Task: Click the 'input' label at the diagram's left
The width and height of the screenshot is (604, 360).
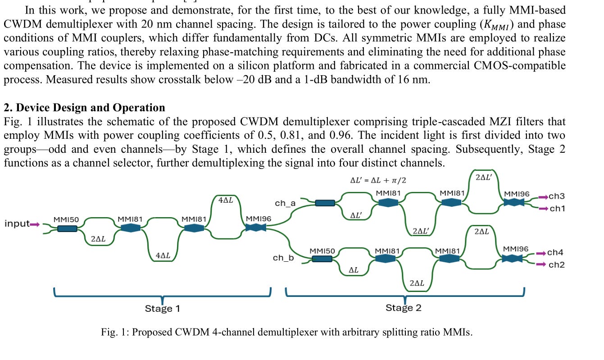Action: click(x=16, y=223)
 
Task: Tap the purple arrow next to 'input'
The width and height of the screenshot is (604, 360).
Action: click(x=35, y=224)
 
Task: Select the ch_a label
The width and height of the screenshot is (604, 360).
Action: click(x=285, y=203)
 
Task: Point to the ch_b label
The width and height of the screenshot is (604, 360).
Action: click(x=283, y=258)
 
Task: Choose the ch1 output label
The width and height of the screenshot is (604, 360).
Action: click(x=557, y=209)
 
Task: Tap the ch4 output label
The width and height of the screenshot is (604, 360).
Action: click(x=555, y=253)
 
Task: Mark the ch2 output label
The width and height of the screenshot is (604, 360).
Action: click(x=556, y=265)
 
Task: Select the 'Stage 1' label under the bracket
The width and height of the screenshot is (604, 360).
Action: click(x=162, y=309)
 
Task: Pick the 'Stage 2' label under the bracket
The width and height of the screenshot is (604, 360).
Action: click(x=403, y=308)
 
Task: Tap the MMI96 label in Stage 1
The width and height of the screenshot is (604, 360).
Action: click(x=258, y=219)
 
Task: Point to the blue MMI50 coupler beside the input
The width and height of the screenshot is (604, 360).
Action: click(x=67, y=229)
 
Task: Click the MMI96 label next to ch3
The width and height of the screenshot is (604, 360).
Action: click(x=517, y=194)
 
